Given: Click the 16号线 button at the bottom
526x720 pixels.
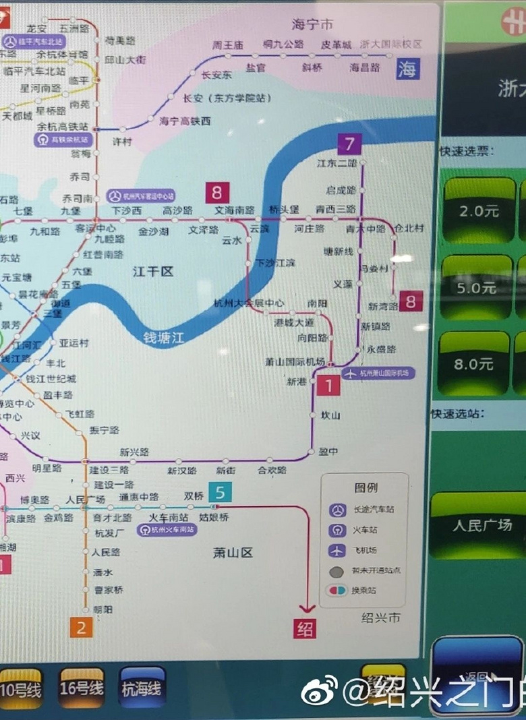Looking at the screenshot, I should pos(82,688).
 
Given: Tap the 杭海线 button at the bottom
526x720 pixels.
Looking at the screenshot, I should pos(142,688).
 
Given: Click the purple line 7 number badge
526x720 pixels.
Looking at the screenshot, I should pos(349,144).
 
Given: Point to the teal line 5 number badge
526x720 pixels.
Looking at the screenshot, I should pos(220,493).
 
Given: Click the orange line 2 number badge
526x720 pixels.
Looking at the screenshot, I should pos(81,628).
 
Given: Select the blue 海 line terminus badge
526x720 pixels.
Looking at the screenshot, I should pos(407,69).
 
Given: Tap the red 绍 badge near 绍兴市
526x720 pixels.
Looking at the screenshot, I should pos(304,628).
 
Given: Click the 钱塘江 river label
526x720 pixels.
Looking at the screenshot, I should pos(163,338).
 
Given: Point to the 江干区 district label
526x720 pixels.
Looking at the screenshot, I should pos(153,272).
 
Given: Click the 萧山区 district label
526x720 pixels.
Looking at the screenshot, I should pos(233,553).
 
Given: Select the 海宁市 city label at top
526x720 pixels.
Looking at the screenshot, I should pos(312,25).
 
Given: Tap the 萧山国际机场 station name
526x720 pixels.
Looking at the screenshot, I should pos(295,361).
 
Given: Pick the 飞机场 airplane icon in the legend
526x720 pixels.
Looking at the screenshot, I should pos(337,551).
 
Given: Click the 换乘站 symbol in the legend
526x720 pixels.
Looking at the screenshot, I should pos(337,591).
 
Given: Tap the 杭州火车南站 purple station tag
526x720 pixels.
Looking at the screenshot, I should pos(166,530).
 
